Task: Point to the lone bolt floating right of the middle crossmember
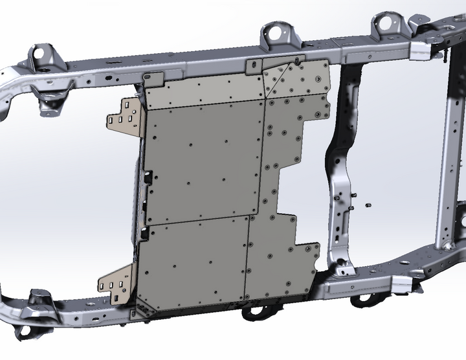(367, 205)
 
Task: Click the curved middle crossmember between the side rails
(340, 168)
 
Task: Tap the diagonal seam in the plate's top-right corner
(280, 78)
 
